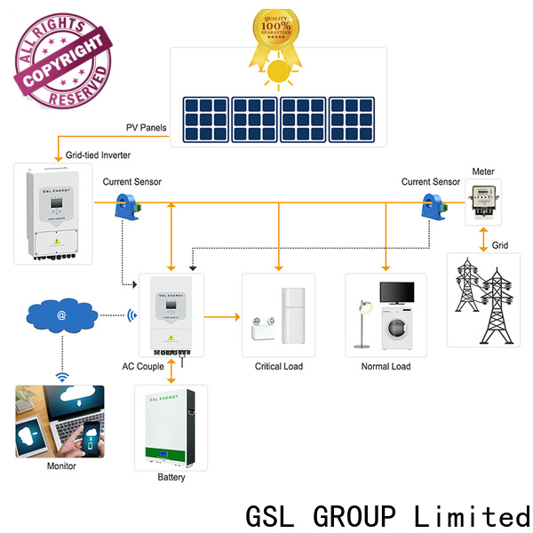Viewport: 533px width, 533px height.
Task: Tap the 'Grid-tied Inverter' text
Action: pyautogui.click(x=97, y=155)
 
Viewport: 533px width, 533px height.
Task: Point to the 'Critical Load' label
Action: pyautogui.click(x=280, y=366)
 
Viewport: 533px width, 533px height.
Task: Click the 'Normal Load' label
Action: pyautogui.click(x=386, y=366)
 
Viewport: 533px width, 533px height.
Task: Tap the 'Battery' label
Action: pyautogui.click(x=171, y=478)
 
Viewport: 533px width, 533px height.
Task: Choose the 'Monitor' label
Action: pyautogui.click(x=60, y=465)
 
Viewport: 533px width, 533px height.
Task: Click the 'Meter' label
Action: pyautogui.click(x=483, y=171)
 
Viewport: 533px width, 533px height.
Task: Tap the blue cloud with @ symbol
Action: pyautogui.click(x=61, y=314)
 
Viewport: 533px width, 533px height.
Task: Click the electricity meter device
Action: pyautogui.click(x=483, y=201)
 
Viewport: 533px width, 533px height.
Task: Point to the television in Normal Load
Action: pyautogui.click(x=396, y=294)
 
